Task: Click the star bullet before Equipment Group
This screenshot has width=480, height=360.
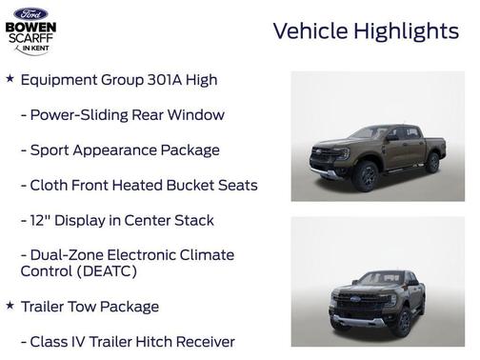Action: tap(10, 79)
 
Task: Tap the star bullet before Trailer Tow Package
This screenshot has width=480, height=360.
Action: tap(10, 306)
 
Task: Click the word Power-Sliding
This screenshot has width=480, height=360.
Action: tap(81, 115)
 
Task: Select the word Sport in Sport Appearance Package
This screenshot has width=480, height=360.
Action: tap(50, 150)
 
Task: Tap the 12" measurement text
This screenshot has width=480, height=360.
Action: tap(40, 220)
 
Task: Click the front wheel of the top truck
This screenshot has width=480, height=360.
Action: tap(366, 175)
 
